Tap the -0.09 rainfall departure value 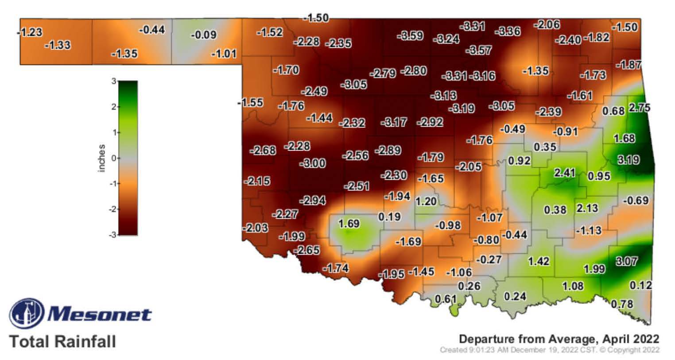pos(203,35)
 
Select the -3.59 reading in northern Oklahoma pos(410,35)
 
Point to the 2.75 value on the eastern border pos(639,108)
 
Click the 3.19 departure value pos(628,159)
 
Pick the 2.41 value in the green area pos(564,172)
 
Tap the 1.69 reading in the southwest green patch pos(349,224)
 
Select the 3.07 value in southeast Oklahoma pos(626,261)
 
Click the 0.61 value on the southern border pos(445,299)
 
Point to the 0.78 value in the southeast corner pos(622,304)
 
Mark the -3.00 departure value pos(313,163)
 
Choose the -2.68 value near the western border pos(263,151)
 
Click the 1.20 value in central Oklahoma pos(426,201)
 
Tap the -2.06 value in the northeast pos(547,25)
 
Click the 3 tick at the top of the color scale pos(114,81)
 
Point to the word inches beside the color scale pos(102,158)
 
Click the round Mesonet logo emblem pos(27,314)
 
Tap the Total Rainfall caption pos(62,342)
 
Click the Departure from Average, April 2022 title pos(559,339)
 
